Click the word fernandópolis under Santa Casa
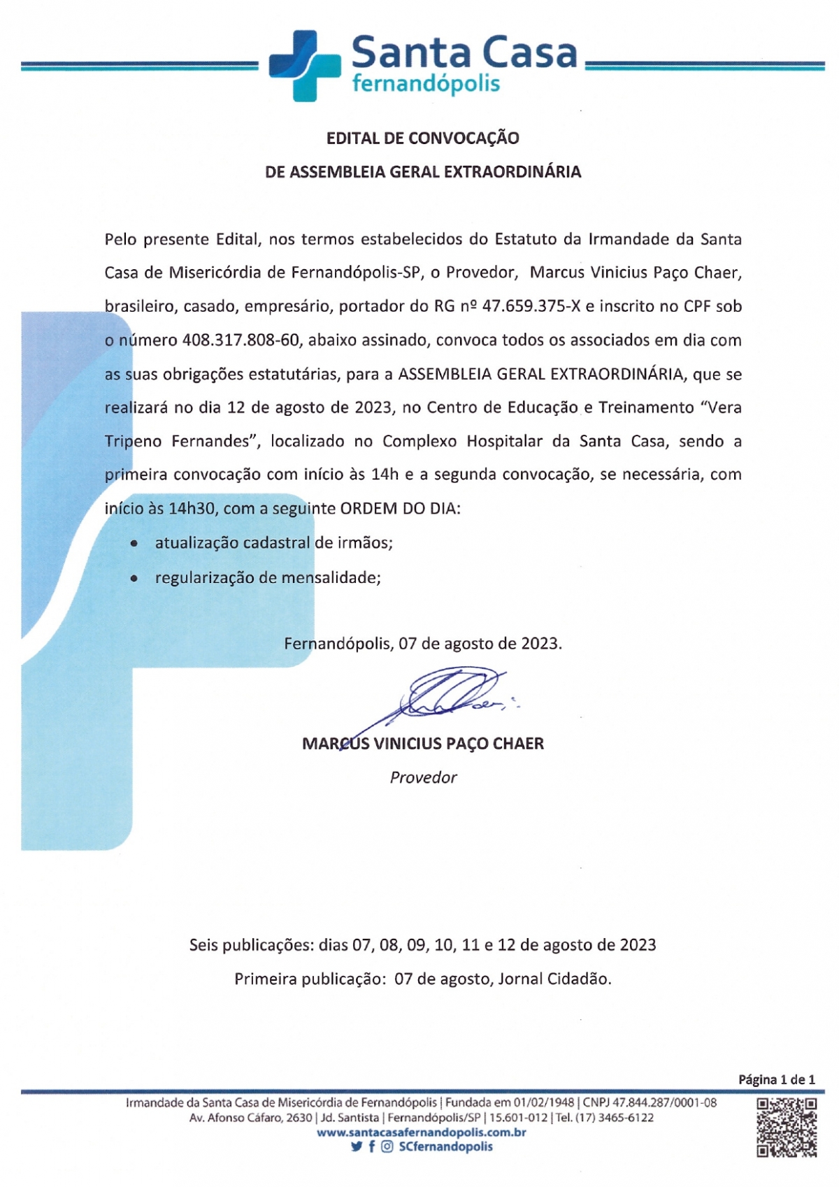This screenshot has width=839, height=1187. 426,84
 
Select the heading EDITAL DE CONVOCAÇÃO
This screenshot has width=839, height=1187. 422,138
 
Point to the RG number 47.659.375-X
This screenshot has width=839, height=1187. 531,306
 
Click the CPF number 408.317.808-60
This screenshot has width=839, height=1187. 241,340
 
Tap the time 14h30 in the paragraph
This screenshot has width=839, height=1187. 192,509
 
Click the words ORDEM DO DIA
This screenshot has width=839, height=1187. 400,509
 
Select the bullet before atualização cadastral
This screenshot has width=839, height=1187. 134,544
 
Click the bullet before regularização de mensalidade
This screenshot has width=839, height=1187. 134,579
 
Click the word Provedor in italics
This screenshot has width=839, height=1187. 423,777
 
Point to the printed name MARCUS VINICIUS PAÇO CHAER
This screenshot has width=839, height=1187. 422,744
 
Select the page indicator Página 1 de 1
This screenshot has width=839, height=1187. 776,1079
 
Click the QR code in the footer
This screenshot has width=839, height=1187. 787,1127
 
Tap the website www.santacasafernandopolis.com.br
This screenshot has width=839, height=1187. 422,1132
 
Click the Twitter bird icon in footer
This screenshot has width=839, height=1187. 357,1146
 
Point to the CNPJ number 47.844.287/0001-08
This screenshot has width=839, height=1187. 664,1103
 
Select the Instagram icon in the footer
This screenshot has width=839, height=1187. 387,1146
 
